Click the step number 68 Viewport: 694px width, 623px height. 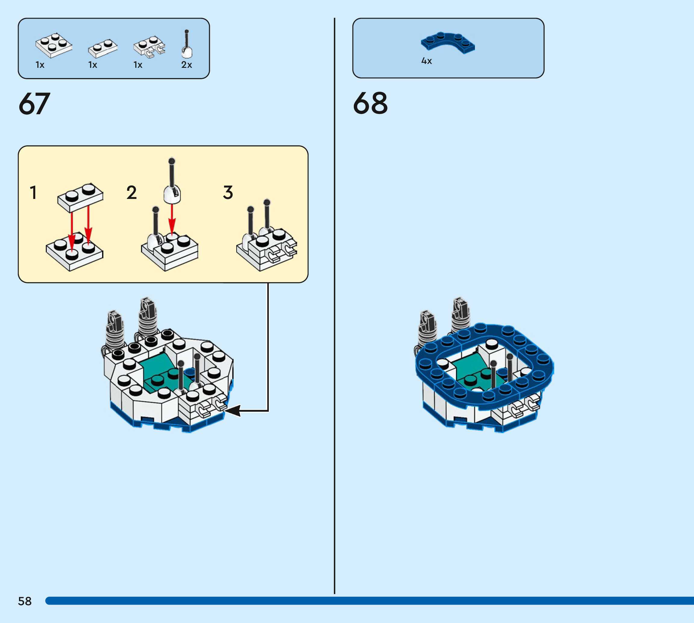[x=370, y=103]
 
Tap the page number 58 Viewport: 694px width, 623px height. [x=25, y=601]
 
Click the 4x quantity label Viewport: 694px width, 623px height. [x=426, y=61]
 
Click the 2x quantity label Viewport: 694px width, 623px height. [x=187, y=65]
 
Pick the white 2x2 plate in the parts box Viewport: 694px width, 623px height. [x=54, y=45]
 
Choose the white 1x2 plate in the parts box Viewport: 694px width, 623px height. [x=103, y=48]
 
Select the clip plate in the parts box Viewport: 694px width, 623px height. [x=149, y=46]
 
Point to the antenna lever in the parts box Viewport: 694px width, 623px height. [x=187, y=45]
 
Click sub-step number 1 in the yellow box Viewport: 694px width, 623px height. [x=33, y=192]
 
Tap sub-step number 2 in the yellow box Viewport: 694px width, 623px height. [x=131, y=192]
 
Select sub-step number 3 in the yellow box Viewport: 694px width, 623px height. [x=228, y=192]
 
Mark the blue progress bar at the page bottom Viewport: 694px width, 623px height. [x=369, y=601]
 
